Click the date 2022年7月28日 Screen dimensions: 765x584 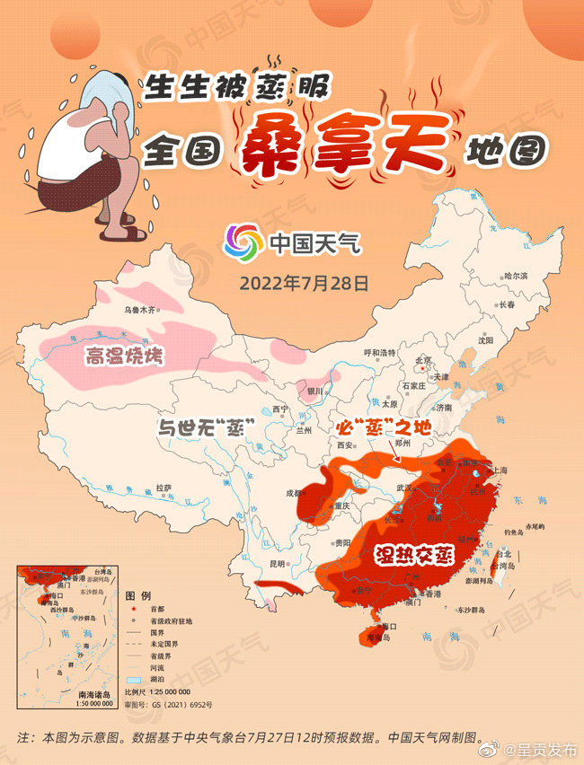(305, 283)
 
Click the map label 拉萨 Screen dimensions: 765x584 (163, 487)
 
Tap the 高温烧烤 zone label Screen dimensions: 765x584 (125, 357)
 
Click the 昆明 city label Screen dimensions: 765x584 (276, 563)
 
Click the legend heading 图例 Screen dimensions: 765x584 (137, 596)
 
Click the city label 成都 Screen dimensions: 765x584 (294, 493)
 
